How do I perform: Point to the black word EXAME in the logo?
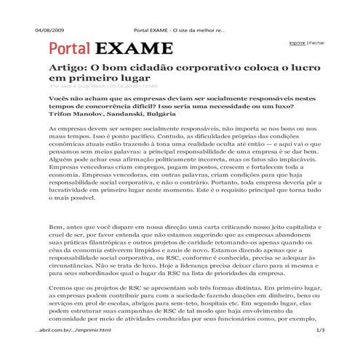point(133,50)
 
